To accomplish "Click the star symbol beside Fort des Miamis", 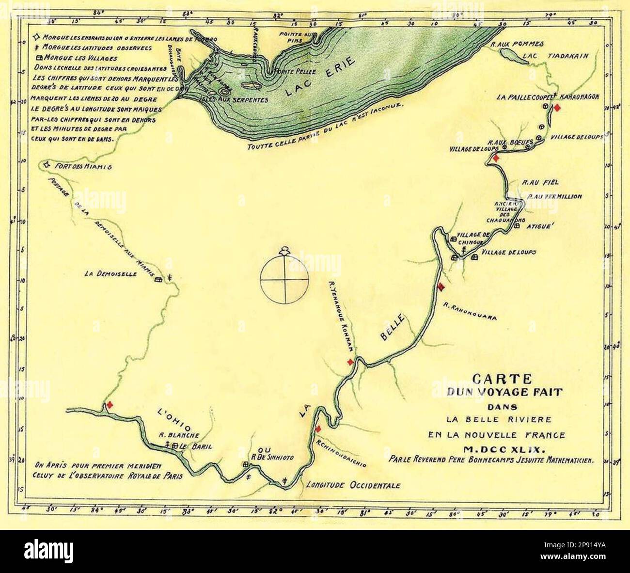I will click(x=47, y=165).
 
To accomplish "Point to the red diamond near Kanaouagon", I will click(x=557, y=108).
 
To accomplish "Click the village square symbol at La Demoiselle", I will click(x=157, y=280).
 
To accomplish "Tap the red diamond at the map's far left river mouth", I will click(x=110, y=405).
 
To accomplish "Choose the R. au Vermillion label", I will click(x=554, y=197).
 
